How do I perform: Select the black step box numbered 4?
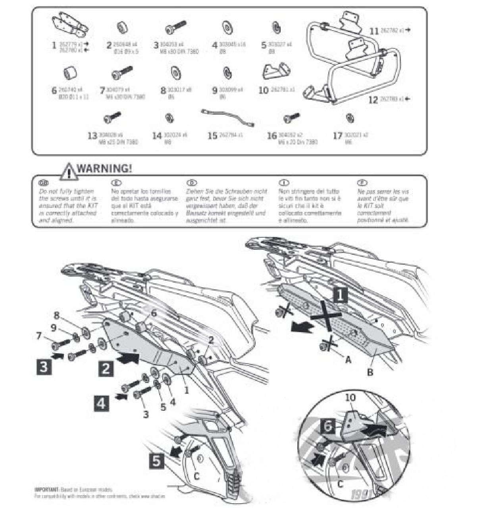tap(102, 404)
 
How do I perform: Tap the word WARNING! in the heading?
tap(104, 168)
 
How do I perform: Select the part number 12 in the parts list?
tap(373, 99)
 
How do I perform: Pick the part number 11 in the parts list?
tap(374, 31)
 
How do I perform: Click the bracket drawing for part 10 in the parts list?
tap(277, 72)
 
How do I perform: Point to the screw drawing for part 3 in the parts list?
tap(176, 28)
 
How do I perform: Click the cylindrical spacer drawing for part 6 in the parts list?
tap(70, 73)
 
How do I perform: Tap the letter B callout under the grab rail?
tap(370, 372)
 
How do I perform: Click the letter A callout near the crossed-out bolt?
tap(349, 360)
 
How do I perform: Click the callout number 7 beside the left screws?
tap(39, 336)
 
